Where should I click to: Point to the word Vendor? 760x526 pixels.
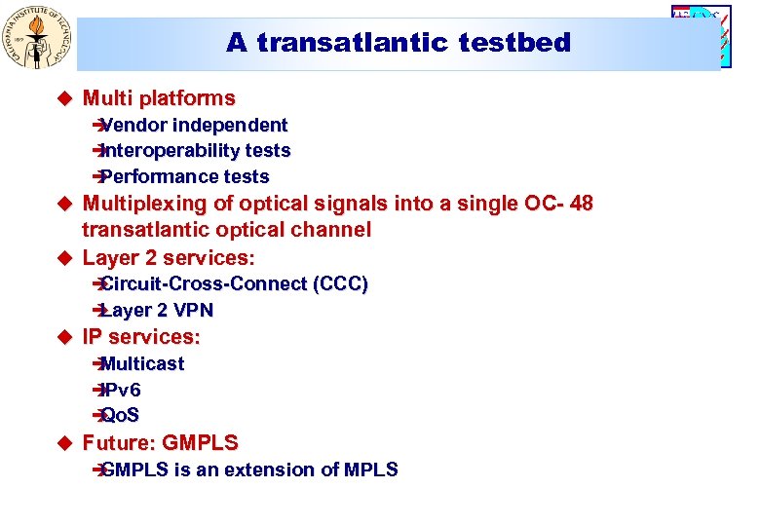point(132,125)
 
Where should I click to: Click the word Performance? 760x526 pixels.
point(160,176)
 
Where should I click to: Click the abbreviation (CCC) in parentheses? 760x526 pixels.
point(340,284)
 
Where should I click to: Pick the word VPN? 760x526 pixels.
point(192,310)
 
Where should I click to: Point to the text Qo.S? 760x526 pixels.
point(121,415)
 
